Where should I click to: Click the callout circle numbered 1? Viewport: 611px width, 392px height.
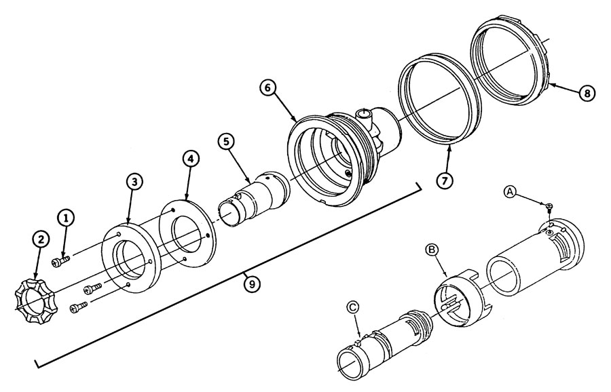[65, 218]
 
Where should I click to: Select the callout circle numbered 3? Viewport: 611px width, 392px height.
[135, 181]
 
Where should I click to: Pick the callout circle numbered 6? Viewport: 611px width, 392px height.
[269, 87]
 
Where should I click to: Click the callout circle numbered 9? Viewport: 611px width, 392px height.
[252, 285]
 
